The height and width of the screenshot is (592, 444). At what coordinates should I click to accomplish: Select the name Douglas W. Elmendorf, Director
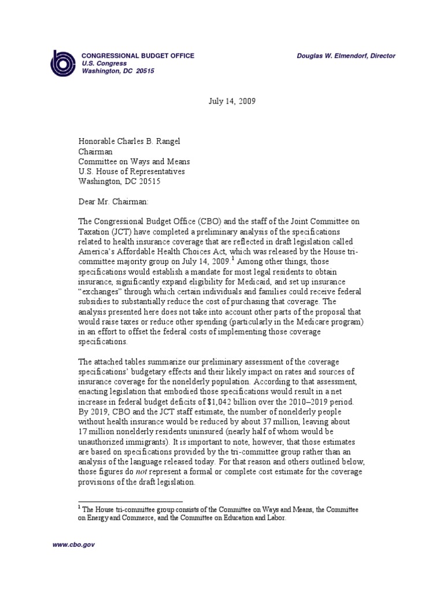click(x=346, y=55)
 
